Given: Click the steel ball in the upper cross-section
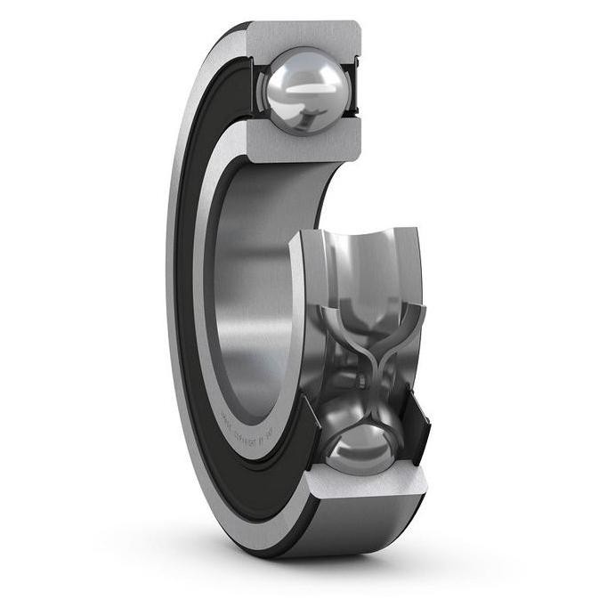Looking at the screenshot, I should [303, 89].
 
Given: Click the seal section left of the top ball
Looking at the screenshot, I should [254, 89].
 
